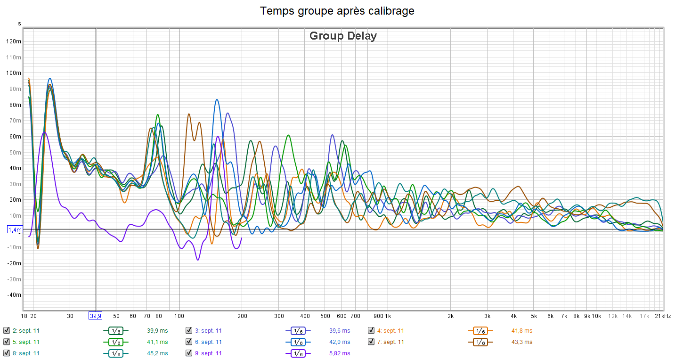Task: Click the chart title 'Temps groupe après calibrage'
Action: click(337, 11)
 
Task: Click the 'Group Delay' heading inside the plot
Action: click(343, 36)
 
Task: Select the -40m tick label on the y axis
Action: click(15, 295)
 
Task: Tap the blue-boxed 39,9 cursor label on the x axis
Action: click(96, 316)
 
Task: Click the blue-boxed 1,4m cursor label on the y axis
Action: click(15, 229)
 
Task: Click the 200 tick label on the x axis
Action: click(242, 316)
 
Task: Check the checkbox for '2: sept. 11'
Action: click(7, 331)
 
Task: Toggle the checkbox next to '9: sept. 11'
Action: click(189, 353)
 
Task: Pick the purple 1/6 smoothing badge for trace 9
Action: click(298, 353)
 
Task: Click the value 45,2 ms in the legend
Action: click(158, 353)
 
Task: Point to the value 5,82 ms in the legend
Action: click(340, 353)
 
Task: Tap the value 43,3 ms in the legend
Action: click(522, 342)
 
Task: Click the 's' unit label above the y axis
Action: click(19, 24)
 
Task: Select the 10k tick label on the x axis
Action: click(596, 316)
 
